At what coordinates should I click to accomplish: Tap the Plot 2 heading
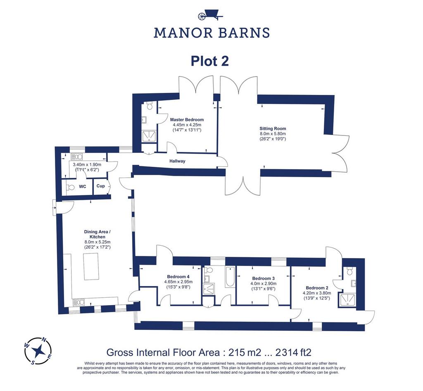(209, 61)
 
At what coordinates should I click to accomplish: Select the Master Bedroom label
(187, 120)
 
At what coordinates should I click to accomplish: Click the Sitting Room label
(273, 129)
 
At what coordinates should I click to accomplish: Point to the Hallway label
(177, 161)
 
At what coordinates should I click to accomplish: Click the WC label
(83, 187)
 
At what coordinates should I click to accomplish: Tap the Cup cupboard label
(101, 186)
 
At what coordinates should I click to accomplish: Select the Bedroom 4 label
(178, 277)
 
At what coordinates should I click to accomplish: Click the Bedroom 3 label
(263, 278)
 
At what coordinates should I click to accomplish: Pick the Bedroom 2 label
(317, 288)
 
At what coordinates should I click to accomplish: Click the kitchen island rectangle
(91, 267)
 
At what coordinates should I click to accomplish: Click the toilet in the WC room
(70, 187)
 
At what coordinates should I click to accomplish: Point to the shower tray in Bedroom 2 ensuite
(348, 300)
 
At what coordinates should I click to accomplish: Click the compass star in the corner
(38, 351)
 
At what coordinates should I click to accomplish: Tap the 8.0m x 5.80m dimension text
(273, 134)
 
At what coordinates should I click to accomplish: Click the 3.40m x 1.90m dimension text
(87, 165)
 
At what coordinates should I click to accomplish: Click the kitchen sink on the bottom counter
(79, 303)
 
